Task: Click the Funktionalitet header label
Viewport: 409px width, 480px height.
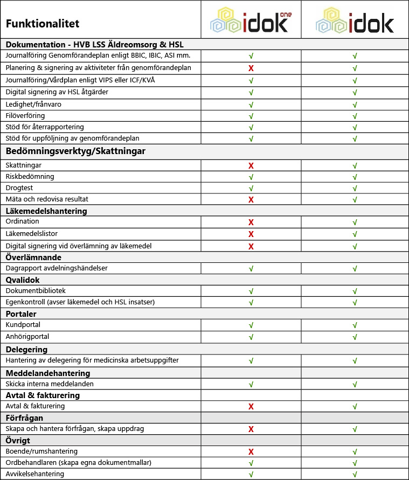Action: point(43,24)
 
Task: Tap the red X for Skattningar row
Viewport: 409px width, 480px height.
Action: point(251,166)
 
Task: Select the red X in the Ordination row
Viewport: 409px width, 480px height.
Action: point(251,222)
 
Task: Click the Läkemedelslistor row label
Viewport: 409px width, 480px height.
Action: point(31,234)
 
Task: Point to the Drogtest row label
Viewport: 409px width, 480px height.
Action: point(19,188)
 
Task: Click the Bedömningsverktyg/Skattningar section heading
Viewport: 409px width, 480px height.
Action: point(75,151)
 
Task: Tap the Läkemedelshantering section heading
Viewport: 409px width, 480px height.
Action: point(46,211)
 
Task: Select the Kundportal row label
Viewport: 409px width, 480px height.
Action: point(23,325)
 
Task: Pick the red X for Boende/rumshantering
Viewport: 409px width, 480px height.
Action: point(251,452)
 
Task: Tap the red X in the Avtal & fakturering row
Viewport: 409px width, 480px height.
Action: point(251,406)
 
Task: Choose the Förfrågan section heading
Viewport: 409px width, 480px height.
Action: point(24,418)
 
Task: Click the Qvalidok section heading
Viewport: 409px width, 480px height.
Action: point(23,280)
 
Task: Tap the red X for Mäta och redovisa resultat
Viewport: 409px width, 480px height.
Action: point(251,199)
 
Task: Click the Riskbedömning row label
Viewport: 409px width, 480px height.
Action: point(30,177)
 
